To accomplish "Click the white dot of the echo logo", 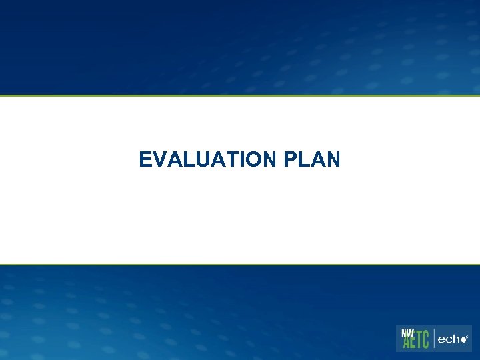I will pyautogui.click(x=465, y=340).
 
